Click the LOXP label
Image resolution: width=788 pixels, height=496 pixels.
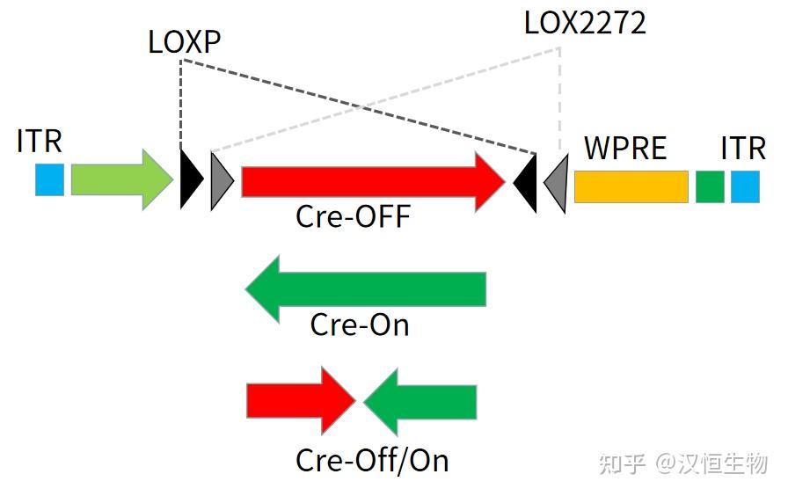[184, 42]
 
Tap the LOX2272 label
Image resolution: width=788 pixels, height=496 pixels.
[585, 23]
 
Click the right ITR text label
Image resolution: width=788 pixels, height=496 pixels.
[743, 148]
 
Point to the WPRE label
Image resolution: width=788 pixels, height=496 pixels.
[625, 148]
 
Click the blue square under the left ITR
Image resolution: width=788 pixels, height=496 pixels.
[49, 179]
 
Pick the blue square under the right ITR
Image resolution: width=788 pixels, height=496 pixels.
[745, 186]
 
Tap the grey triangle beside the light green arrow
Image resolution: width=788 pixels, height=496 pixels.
[220, 181]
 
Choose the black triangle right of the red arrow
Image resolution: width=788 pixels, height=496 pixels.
[527, 183]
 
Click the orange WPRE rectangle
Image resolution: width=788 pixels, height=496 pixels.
[631, 186]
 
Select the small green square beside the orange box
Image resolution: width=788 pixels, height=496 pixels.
[710, 186]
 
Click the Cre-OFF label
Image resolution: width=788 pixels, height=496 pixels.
[353, 216]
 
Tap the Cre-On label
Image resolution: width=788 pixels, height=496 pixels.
[359, 325]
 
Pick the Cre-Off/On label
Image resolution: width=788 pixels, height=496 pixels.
[372, 460]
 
